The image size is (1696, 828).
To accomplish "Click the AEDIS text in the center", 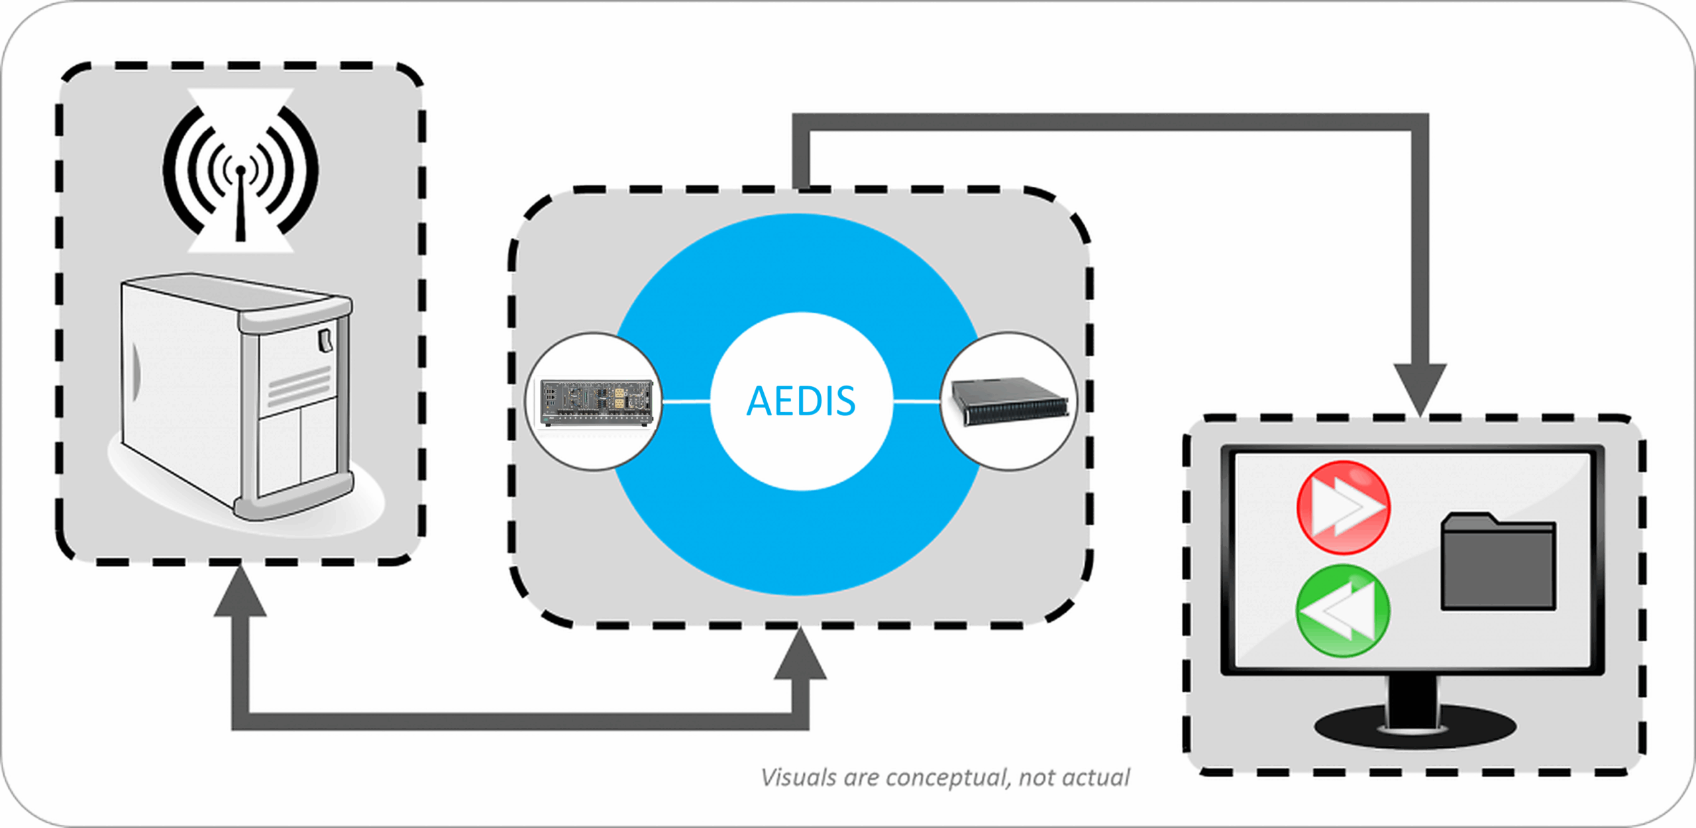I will [801, 401].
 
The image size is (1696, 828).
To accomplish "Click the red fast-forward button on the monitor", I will [1343, 507].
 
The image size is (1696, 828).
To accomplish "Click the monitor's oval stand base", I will [1415, 727].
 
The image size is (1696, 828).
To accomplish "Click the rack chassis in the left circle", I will [596, 402].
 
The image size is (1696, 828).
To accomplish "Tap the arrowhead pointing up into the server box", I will [240, 593].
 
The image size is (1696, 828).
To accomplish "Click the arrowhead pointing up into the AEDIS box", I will [800, 656].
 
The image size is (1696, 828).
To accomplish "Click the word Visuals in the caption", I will [798, 778].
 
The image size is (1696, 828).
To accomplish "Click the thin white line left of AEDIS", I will [686, 401].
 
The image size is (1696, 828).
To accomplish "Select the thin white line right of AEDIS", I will [916, 401].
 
